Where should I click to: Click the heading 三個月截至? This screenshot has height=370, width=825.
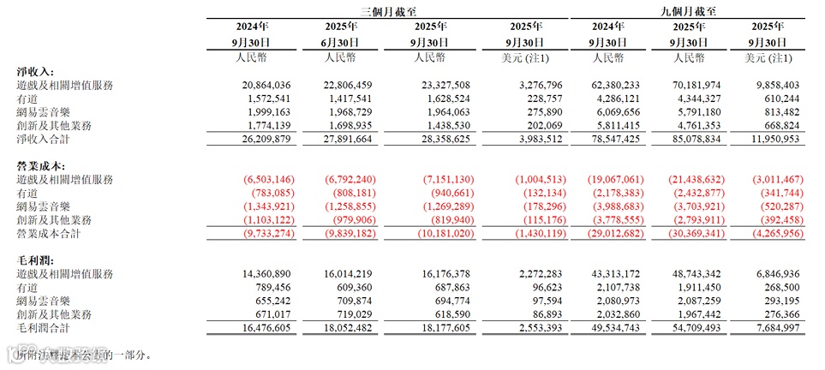click(x=388, y=11)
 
